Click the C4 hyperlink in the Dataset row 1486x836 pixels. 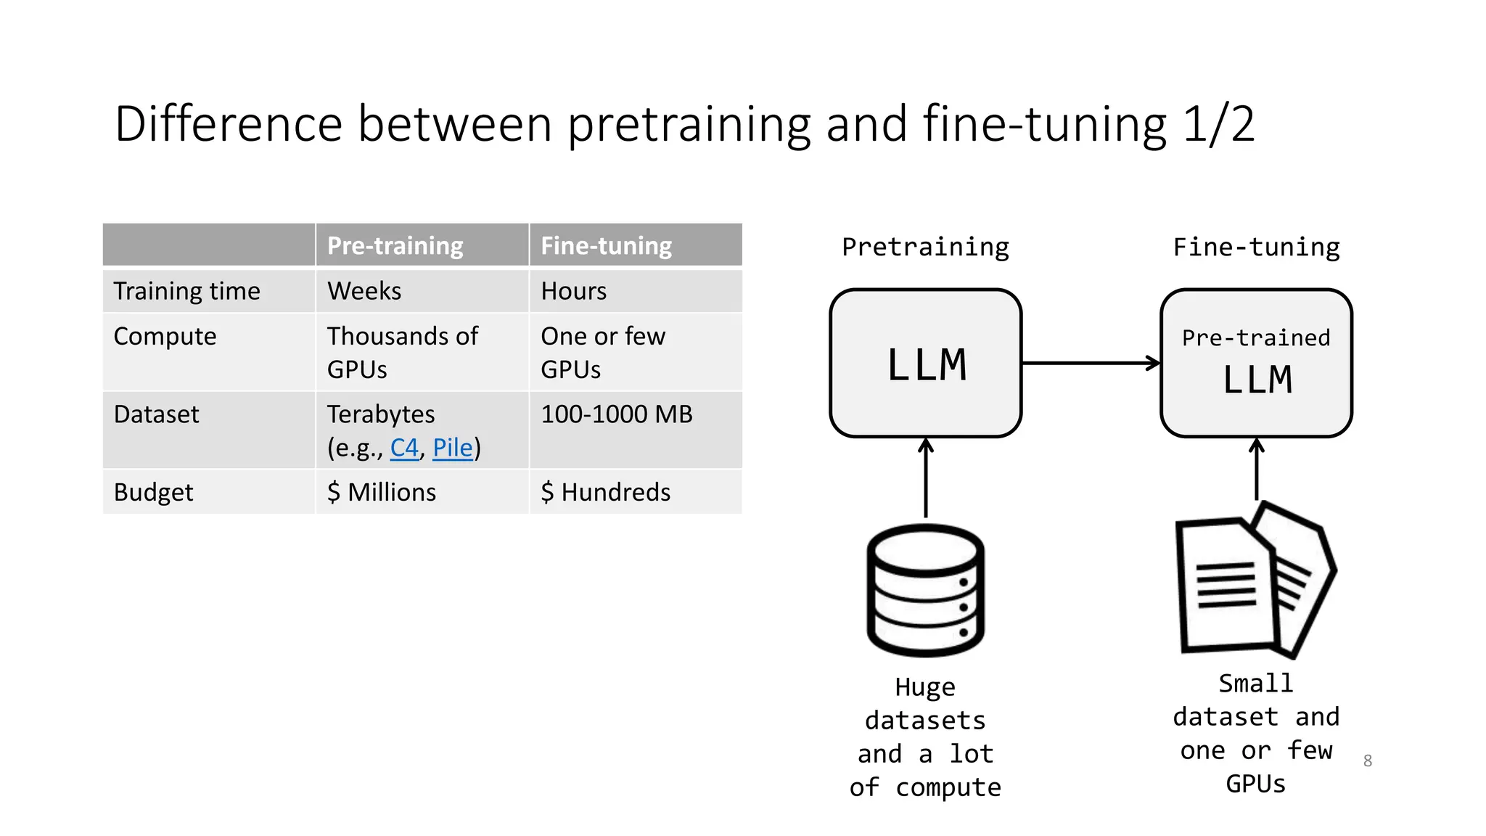pos(404,448)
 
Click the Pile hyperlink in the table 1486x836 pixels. pos(452,448)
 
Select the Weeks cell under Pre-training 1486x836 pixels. pos(364,291)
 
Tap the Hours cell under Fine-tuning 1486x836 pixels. pos(573,291)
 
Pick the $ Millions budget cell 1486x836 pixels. pos(382,492)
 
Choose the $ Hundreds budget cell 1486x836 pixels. pos(605,492)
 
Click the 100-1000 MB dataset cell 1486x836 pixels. pos(616,414)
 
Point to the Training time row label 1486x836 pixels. pos(186,291)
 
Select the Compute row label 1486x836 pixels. pos(165,337)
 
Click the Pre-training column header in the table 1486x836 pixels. pos(395,246)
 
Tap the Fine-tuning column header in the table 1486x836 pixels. pos(606,246)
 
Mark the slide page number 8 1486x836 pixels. pos(1367,761)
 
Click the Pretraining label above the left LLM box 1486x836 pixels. pos(925,247)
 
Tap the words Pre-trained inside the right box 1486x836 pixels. pos(1255,338)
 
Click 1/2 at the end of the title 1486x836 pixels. pos(1218,124)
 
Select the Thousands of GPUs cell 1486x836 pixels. pos(402,352)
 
